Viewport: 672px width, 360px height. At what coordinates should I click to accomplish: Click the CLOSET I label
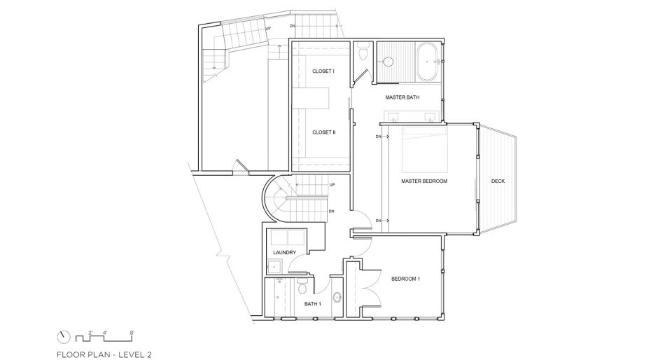coord(323,71)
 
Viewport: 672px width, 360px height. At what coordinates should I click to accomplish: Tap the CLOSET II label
coord(324,132)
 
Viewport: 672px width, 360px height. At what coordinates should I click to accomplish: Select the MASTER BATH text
coord(402,98)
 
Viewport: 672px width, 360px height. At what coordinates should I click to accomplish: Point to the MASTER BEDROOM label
coord(424,181)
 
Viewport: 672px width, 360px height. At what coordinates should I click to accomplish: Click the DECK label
coord(498,181)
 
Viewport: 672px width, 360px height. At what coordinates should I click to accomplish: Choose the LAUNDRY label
coord(285,253)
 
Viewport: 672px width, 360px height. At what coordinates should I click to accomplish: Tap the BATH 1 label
coord(313,304)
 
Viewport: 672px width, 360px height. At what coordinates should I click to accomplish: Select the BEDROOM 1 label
coord(405,279)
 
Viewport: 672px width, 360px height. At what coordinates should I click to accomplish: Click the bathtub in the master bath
coord(427,62)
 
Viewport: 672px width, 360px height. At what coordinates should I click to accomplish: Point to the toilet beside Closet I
coord(364,52)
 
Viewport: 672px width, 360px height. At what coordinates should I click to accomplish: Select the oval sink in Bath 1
coord(337,297)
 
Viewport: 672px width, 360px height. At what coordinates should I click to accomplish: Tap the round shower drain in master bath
coord(388,62)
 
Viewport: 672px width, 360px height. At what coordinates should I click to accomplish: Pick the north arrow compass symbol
coord(64,336)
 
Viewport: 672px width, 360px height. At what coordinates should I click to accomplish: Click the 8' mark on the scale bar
coord(132,333)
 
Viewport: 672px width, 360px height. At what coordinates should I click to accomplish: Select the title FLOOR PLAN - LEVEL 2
coord(104,354)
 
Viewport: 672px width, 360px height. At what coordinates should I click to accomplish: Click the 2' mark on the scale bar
coord(90,333)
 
